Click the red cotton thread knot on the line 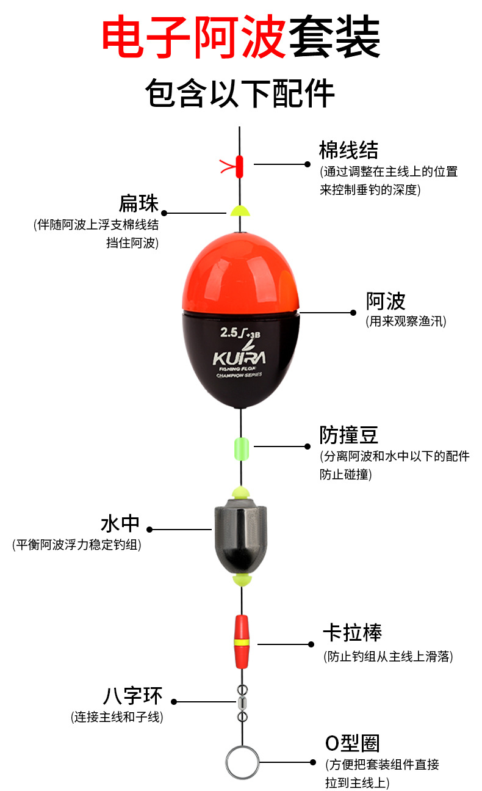[x=239, y=164]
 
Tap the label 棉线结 [x=348, y=150]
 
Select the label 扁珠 [x=138, y=203]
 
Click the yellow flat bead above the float [x=240, y=211]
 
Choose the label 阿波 [x=386, y=301]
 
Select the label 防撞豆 [x=349, y=435]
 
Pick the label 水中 [x=120, y=524]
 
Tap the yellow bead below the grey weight [x=242, y=578]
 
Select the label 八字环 [x=132, y=696]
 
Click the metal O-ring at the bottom [x=241, y=762]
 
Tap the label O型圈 [x=353, y=743]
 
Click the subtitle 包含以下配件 [x=240, y=93]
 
